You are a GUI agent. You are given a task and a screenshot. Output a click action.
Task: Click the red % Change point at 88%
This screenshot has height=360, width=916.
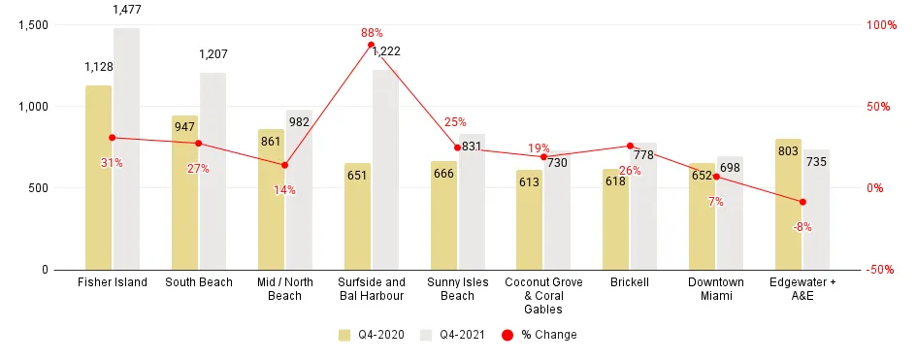click(x=372, y=45)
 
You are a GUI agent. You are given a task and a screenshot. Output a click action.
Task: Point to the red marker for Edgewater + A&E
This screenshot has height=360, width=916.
click(x=802, y=202)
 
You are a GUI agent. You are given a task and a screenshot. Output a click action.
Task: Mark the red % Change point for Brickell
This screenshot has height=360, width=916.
click(x=630, y=146)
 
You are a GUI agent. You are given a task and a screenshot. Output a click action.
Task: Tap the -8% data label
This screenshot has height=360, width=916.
click(x=802, y=227)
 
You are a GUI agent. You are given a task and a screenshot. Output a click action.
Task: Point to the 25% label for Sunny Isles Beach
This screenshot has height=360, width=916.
click(x=455, y=122)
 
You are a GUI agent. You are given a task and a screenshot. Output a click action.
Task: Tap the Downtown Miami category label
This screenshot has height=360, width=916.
click(x=716, y=288)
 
